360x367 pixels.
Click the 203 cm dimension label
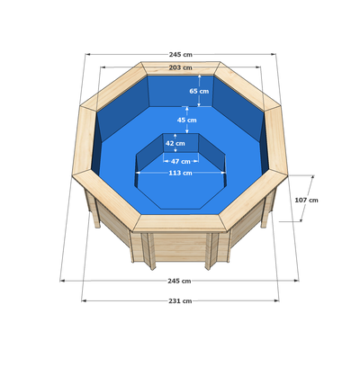click(180, 67)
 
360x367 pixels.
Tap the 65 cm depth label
click(199, 91)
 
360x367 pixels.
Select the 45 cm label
click(187, 120)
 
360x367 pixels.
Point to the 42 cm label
click(175, 143)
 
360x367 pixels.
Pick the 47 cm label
click(181, 161)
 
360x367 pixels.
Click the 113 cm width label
click(180, 173)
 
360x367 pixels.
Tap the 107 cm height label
click(306, 200)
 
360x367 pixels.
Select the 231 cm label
click(180, 300)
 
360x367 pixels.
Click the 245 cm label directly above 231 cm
click(179, 281)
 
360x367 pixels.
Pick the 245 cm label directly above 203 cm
click(180, 55)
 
